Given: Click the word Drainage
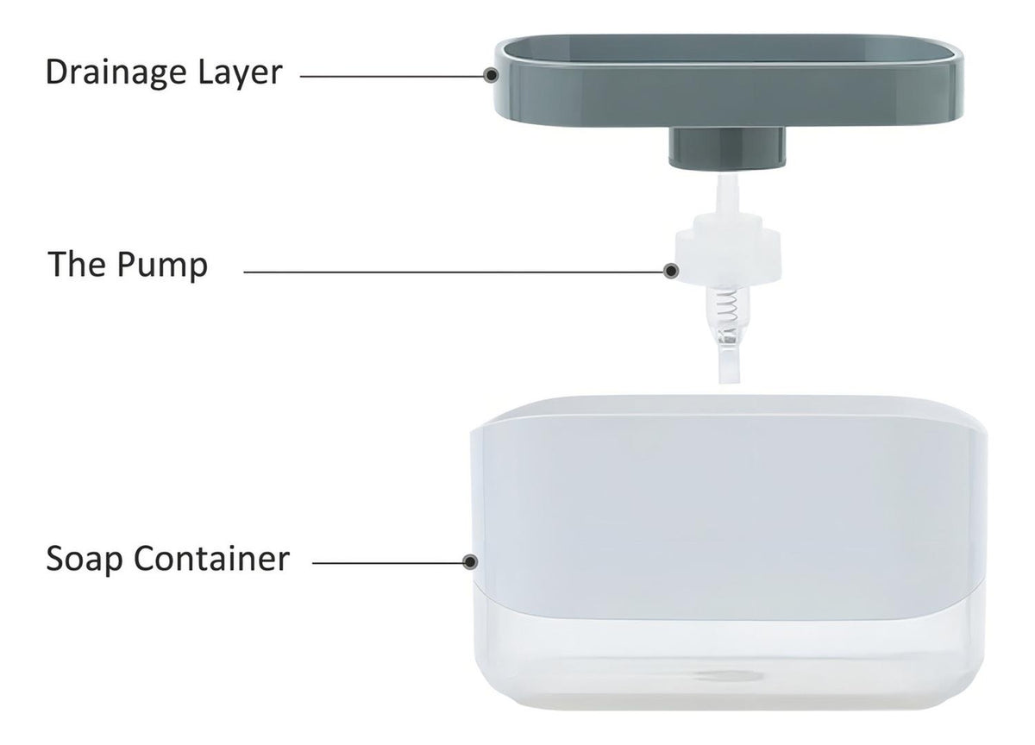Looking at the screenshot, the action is [x=116, y=72].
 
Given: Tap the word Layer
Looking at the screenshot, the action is [x=240, y=72].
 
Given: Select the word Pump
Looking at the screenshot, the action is [x=162, y=265].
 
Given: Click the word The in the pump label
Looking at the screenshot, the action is [x=76, y=264].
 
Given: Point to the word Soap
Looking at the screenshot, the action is [x=85, y=560].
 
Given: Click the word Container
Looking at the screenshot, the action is [x=211, y=559].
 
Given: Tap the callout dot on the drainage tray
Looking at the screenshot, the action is [x=491, y=75].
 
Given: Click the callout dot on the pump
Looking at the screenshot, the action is [x=671, y=271].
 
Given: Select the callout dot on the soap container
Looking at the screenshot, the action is [x=470, y=562].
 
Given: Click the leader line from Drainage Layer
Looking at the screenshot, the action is [x=392, y=76].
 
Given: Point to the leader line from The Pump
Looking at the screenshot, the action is [x=454, y=272].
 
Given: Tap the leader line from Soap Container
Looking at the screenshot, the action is [x=387, y=563].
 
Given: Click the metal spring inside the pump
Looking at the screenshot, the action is [x=726, y=309].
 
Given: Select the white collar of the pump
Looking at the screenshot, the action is [x=728, y=252].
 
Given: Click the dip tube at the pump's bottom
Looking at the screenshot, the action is [x=729, y=361].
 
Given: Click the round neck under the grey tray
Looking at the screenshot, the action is [x=727, y=147].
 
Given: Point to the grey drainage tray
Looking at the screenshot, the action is [x=729, y=81].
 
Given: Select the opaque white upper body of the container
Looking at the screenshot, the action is [x=729, y=508].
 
